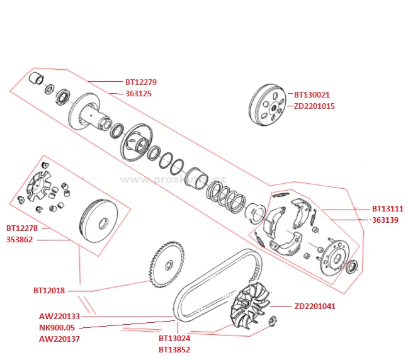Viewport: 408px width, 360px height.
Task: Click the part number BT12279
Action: point(141,82)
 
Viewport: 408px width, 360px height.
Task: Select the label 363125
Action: point(139,93)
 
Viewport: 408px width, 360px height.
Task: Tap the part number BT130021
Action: point(313,95)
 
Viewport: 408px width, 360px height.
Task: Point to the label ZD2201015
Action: point(314,106)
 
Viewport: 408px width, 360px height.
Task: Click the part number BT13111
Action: point(387,208)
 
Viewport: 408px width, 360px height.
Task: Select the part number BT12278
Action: point(22,228)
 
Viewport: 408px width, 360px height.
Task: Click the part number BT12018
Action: point(49,291)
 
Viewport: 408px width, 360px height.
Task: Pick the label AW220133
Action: point(59,317)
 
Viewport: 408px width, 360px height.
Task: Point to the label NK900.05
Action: point(57,328)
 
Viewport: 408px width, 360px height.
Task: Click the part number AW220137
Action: point(59,339)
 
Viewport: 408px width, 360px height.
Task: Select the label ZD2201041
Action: point(314,307)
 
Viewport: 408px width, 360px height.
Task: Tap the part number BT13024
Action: point(174,339)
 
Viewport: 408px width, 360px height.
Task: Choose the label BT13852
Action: point(174,350)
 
